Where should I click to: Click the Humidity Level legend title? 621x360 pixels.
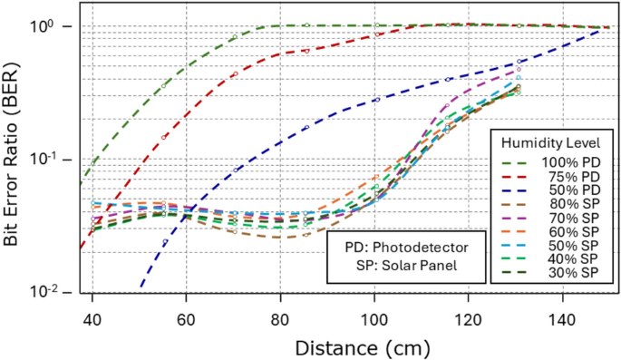coord(549,143)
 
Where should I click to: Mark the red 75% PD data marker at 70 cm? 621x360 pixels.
coord(234,74)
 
